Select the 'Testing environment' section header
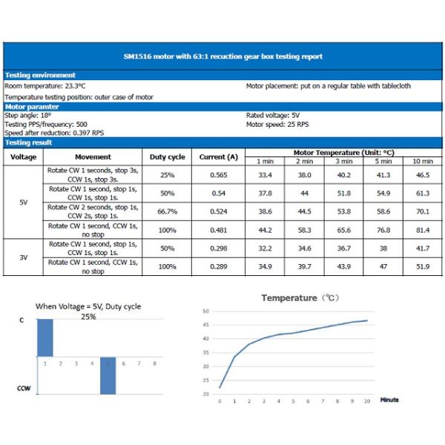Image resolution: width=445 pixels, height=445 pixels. point(40,75)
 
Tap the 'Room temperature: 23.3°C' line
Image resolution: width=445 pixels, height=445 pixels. point(45,86)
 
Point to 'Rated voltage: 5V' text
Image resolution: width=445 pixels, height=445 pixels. point(273,116)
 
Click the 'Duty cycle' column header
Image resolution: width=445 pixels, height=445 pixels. point(168,157)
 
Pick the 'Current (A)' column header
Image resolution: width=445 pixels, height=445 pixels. point(219,157)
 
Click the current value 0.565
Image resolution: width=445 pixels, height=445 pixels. point(219,175)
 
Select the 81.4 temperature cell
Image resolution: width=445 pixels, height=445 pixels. point(423,230)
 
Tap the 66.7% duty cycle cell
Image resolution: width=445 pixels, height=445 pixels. point(168,211)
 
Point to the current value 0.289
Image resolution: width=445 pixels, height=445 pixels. point(219,266)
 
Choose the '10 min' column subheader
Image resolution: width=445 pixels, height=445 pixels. point(423,162)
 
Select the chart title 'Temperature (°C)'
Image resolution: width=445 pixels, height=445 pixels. point(300,298)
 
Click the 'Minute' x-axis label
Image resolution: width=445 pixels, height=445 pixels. point(389,400)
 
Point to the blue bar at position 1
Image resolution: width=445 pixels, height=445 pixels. point(45,338)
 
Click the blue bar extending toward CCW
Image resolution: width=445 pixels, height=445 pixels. point(108,376)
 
